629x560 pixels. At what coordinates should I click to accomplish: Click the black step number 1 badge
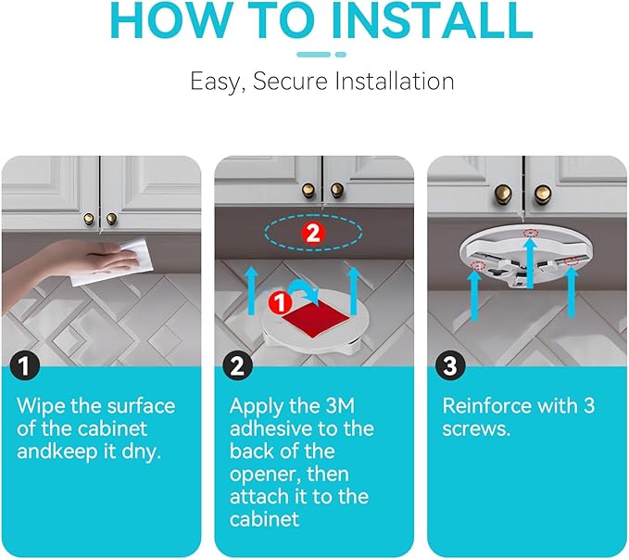24,365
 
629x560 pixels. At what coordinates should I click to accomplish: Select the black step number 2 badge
237,365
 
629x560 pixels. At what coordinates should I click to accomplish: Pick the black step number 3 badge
450,365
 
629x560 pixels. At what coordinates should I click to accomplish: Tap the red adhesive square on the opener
316,316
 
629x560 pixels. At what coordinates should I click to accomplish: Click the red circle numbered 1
281,302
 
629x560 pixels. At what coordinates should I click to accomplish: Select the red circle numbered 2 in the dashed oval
312,233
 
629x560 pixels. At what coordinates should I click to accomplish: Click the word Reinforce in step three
479,406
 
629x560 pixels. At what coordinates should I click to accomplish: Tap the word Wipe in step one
41,406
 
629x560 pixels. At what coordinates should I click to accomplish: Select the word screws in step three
476,429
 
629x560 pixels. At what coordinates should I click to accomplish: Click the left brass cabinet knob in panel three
502,194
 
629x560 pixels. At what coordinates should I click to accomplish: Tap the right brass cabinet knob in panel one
111,219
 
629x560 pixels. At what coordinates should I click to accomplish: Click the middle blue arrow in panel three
530,261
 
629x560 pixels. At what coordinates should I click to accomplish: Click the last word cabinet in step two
264,519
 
